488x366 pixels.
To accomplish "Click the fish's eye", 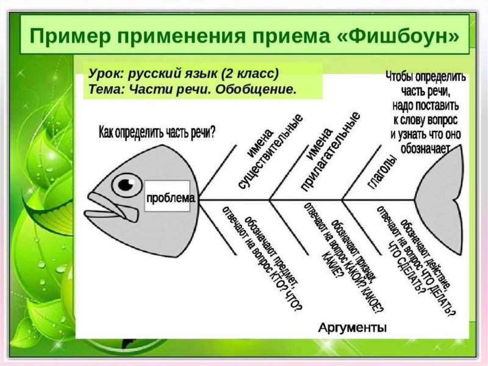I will (x=126, y=183).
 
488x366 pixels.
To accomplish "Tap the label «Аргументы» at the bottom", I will (x=352, y=328).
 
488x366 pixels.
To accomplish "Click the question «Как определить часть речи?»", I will (x=157, y=131).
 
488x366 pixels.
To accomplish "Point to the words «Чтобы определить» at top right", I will (x=426, y=78).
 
